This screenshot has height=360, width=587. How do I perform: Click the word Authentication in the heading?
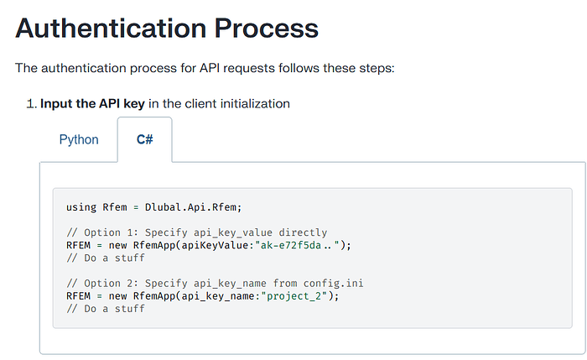[x=111, y=28]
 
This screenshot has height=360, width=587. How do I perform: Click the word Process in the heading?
[x=266, y=28]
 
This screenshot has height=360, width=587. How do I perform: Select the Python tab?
[x=79, y=140]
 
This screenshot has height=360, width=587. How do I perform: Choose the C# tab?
[x=145, y=139]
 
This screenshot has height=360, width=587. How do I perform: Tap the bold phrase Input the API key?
[x=92, y=104]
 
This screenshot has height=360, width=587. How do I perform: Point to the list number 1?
[x=32, y=104]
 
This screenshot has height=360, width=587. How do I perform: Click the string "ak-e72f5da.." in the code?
[x=297, y=245]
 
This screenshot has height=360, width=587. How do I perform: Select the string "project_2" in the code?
[x=293, y=296]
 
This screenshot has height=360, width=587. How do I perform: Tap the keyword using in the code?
[x=81, y=208]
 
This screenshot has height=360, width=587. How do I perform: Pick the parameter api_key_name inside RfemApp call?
[x=218, y=296]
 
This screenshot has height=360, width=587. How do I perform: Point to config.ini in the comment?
[x=333, y=283]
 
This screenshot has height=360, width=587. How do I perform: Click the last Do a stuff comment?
[x=105, y=309]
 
